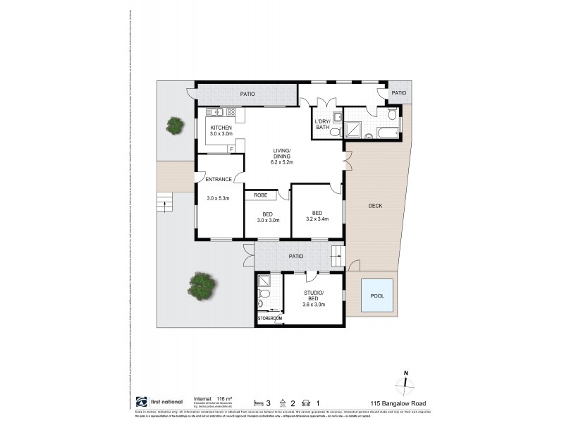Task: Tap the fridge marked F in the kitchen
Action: click(231, 149)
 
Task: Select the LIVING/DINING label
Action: click(286, 153)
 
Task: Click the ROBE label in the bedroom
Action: click(260, 195)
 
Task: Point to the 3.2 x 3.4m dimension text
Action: click(317, 220)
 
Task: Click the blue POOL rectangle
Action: click(377, 296)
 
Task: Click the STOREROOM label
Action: click(269, 319)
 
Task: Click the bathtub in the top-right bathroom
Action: click(388, 131)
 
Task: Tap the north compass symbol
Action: click(405, 385)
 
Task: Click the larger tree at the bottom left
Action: click(202, 286)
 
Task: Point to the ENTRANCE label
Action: click(219, 180)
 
